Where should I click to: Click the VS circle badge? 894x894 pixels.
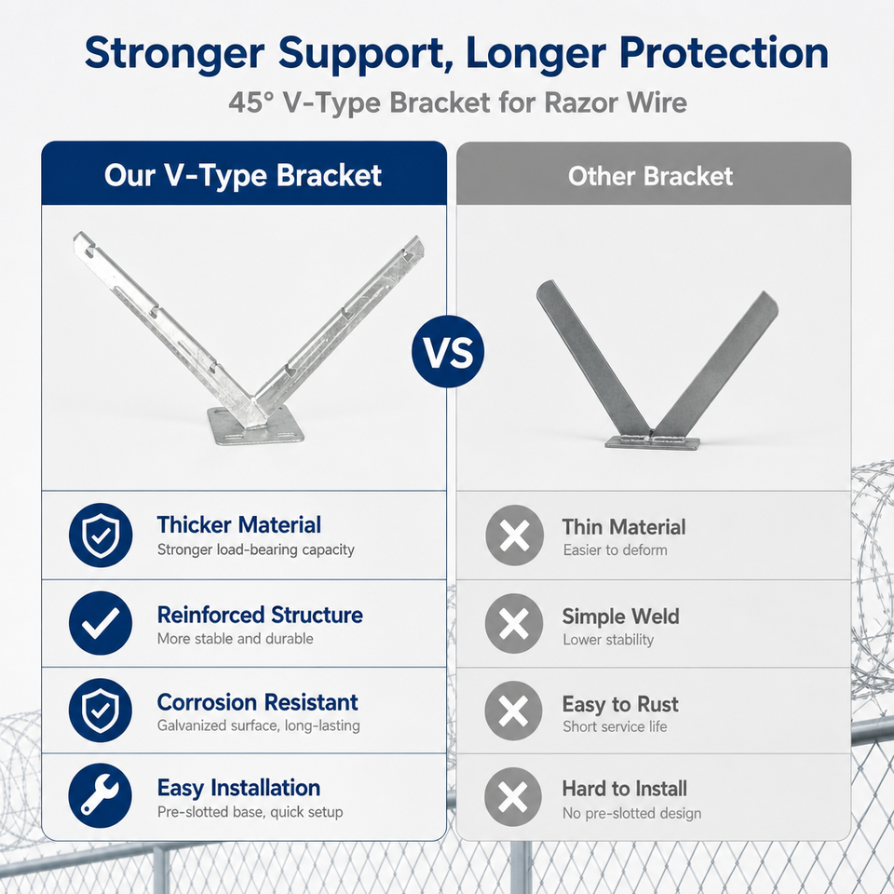[448, 351]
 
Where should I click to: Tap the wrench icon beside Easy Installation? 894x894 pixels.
[101, 795]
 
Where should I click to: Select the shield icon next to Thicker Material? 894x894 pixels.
[101, 535]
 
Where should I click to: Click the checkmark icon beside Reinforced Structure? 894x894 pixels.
[101, 623]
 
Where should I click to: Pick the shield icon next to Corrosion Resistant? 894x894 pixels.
[101, 710]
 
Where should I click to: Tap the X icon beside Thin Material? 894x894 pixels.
[514, 535]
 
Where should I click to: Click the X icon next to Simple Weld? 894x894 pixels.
[514, 623]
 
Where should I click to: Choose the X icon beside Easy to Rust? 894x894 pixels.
[513, 711]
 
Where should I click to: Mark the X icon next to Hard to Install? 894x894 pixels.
[512, 796]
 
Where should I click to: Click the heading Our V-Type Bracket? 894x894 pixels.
[243, 175]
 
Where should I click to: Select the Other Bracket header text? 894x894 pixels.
[650, 176]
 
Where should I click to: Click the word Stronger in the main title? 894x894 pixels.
[174, 54]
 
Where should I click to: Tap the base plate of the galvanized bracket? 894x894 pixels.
[255, 427]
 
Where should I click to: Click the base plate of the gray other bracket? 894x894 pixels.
[652, 442]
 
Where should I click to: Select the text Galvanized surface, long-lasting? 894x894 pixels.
[258, 725]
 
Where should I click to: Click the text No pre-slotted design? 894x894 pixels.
[631, 813]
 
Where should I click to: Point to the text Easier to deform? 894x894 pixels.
[615, 550]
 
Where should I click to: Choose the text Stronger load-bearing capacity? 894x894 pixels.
[255, 549]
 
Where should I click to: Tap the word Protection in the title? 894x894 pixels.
[724, 52]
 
